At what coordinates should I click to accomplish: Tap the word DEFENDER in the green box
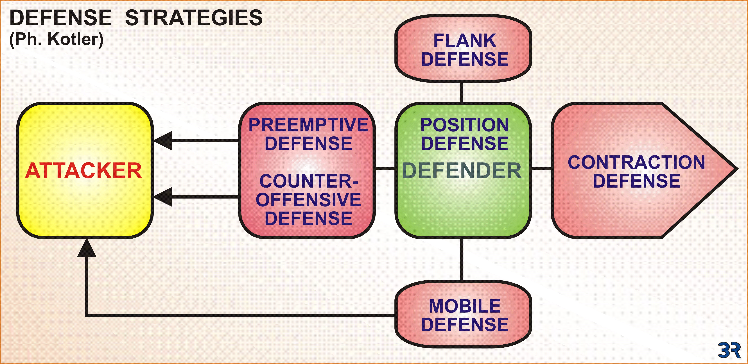[x=462, y=171]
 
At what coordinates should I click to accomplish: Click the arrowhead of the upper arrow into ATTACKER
[x=163, y=141]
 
